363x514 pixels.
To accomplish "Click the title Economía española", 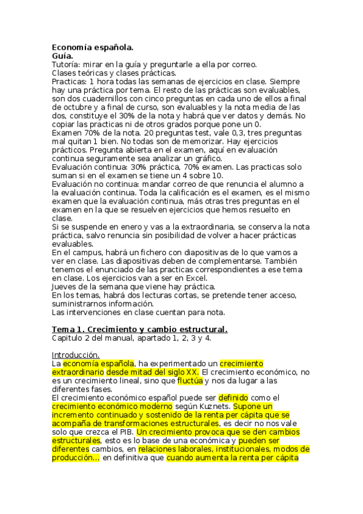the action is pos(93,47).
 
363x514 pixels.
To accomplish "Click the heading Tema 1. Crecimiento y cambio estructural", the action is pos(139,329).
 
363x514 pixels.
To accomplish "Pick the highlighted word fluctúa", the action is pos(189,381).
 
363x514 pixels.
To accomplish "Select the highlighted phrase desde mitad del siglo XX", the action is pos(153,372).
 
